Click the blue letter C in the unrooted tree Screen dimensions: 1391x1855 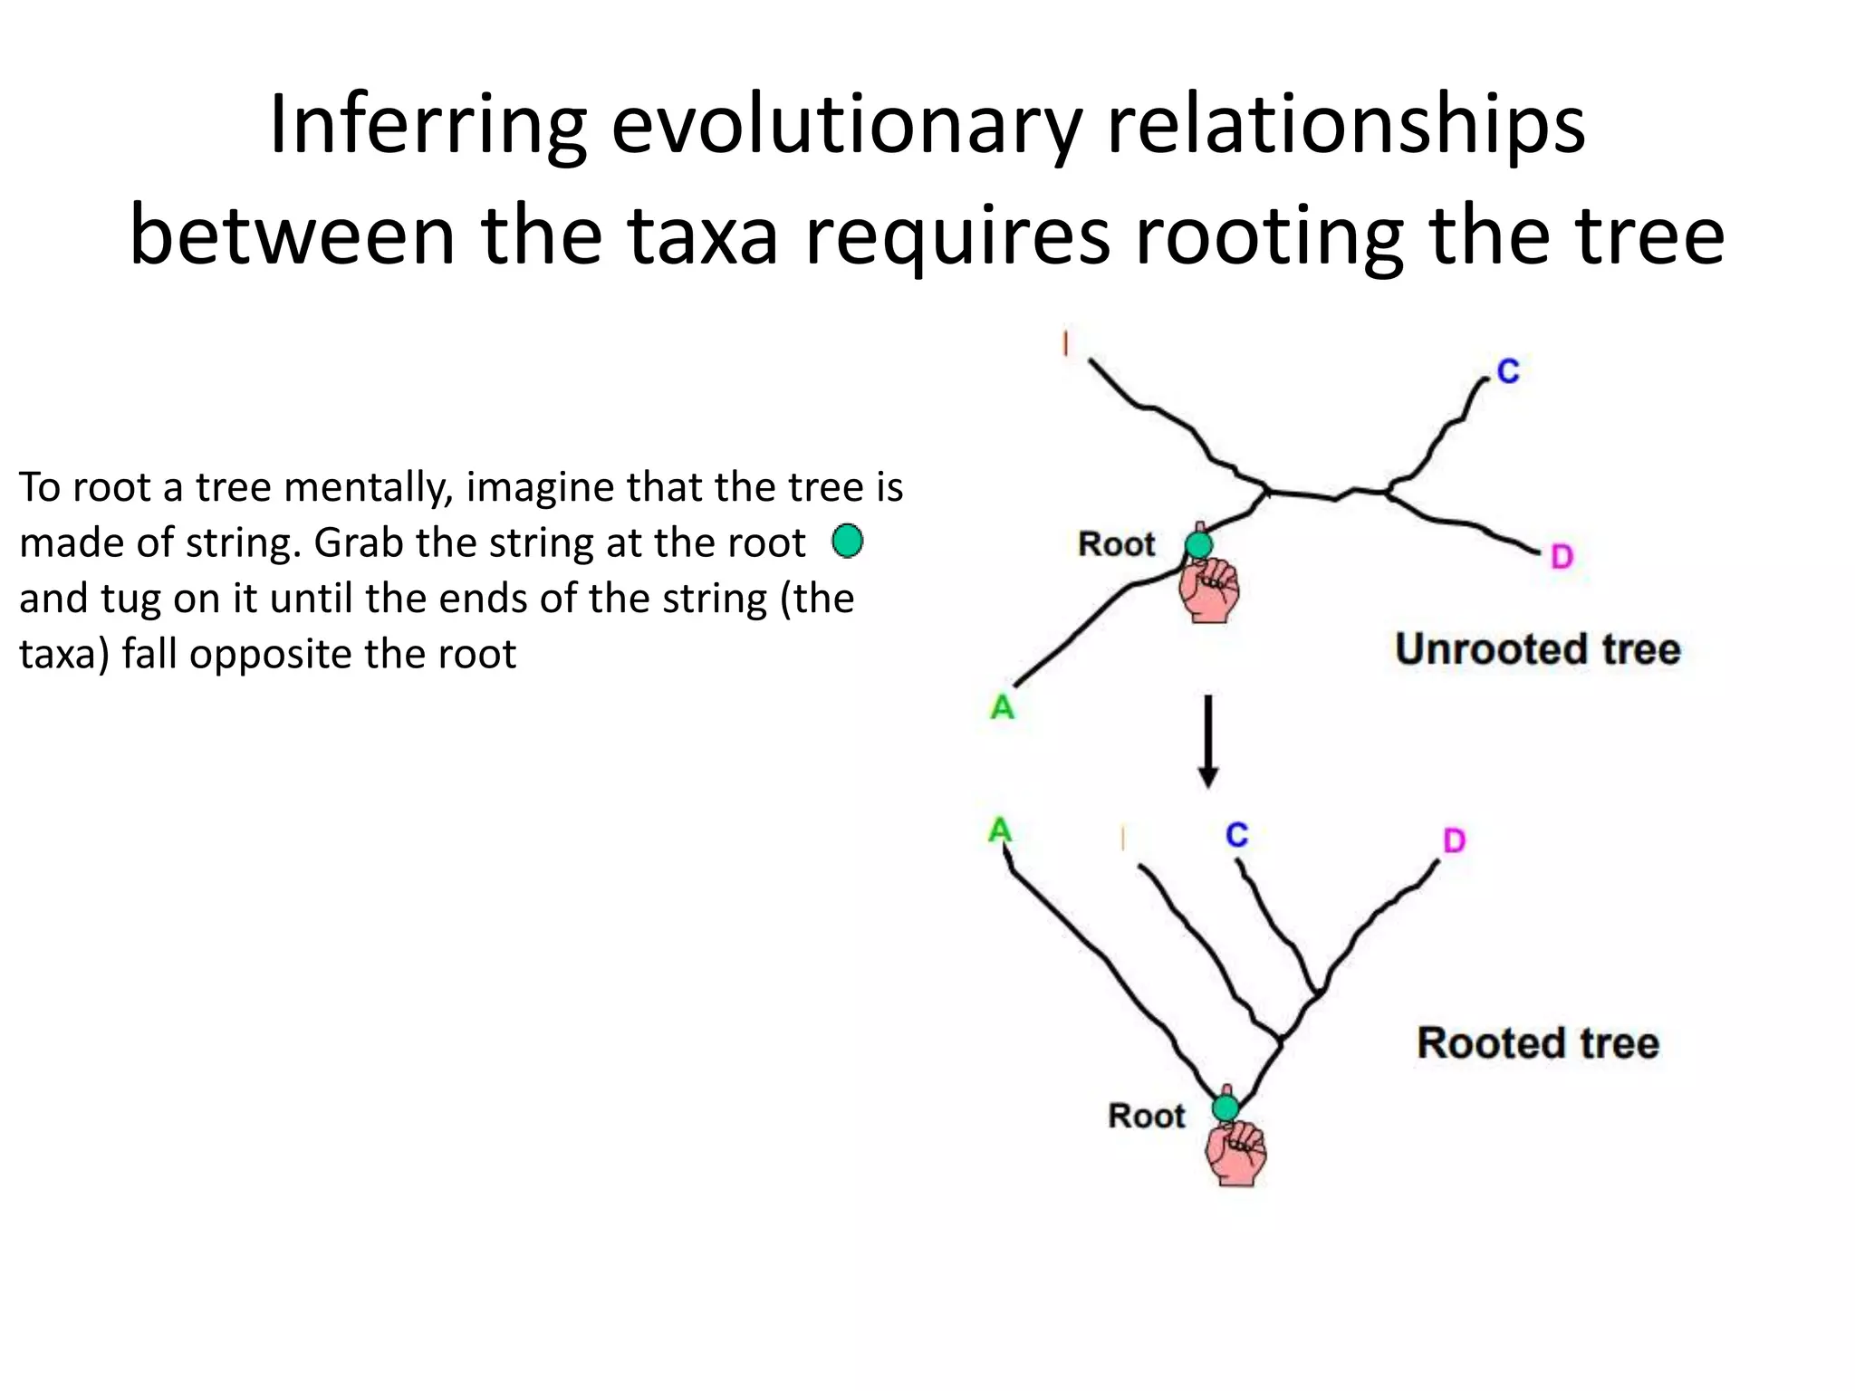1507,371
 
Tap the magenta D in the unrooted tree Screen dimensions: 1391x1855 1562,556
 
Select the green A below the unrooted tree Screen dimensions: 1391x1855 1003,706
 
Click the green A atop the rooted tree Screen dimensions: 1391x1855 999,830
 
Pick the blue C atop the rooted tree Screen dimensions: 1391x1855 1236,835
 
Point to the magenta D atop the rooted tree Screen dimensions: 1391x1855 1454,841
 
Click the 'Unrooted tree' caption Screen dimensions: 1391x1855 1537,649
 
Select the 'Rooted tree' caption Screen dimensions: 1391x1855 1537,1042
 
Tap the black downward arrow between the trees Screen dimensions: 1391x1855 1208,743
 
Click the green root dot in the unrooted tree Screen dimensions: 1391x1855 1198,545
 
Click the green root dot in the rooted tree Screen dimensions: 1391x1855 1225,1108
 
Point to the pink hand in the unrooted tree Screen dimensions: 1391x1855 1209,590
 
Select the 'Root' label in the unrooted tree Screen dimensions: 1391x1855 1116,544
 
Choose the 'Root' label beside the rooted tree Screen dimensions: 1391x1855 1146,1116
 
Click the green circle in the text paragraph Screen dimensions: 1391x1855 847,542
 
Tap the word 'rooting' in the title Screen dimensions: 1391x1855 1269,235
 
